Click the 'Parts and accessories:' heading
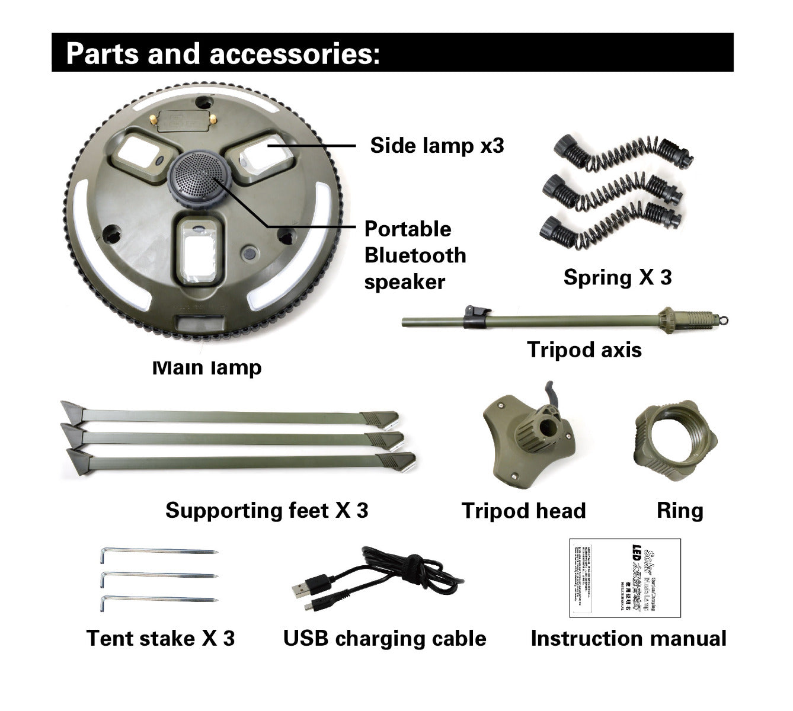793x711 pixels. coord(222,53)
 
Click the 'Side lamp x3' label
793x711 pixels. coord(437,145)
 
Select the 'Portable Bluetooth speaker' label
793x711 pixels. coord(415,255)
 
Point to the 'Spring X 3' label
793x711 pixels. coord(618,277)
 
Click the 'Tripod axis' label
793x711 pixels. coord(584,350)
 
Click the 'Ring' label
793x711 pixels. coord(680,510)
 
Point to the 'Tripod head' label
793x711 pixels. coord(523,511)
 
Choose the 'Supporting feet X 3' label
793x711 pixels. coord(267,510)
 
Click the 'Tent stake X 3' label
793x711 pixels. coord(161,638)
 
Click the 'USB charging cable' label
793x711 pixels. coord(385,638)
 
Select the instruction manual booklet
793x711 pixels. coord(625,578)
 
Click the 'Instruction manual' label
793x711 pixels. coord(628,638)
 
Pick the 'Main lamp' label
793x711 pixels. coord(206,368)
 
